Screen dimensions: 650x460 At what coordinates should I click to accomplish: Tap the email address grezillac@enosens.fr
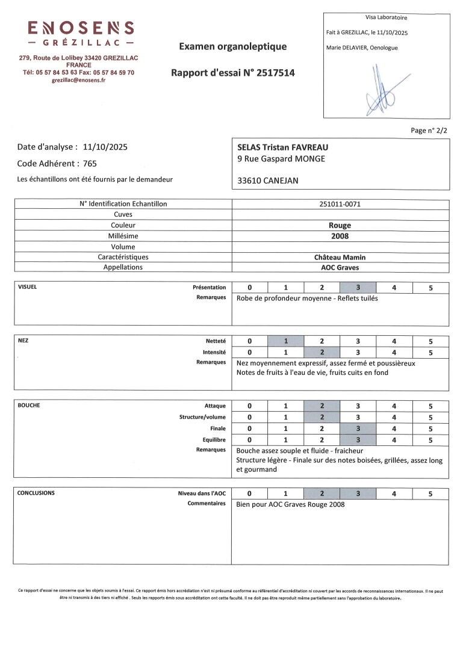(78, 80)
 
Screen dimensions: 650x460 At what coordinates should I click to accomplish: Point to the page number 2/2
(429, 130)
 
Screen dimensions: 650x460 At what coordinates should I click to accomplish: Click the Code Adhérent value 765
(90, 163)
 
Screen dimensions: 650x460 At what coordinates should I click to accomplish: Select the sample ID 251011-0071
(340, 204)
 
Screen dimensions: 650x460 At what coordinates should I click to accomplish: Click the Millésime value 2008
(340, 237)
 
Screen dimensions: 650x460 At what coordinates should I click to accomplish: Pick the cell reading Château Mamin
(340, 257)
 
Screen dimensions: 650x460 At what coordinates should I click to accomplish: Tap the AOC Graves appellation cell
(340, 267)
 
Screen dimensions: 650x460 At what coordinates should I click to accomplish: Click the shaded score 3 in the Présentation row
(358, 288)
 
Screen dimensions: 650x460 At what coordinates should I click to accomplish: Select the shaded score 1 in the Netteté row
(285, 341)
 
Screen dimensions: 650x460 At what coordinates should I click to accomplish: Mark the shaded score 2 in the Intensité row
(322, 352)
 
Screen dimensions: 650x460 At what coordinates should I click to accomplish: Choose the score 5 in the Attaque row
(430, 406)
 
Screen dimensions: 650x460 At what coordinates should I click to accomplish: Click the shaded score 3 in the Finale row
(358, 429)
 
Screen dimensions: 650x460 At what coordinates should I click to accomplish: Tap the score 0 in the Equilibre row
(249, 440)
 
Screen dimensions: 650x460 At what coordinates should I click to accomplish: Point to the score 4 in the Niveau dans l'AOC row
(394, 494)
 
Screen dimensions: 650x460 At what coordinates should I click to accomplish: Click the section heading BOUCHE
(29, 406)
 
